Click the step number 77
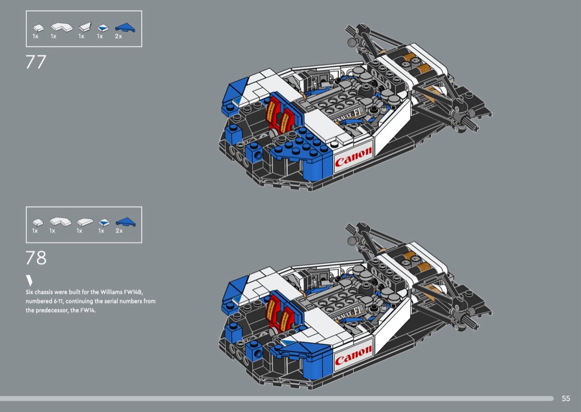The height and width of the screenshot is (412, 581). (36, 61)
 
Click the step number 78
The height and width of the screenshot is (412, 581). (36, 257)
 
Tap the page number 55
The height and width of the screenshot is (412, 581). (566, 398)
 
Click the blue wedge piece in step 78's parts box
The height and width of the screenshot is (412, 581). (126, 222)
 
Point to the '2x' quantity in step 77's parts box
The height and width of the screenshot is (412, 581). (118, 36)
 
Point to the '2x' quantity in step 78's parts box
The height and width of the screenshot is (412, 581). (119, 231)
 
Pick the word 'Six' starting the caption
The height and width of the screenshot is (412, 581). (30, 291)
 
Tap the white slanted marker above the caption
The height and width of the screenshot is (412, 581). (29, 279)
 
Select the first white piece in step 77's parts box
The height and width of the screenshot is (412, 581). (38, 27)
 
